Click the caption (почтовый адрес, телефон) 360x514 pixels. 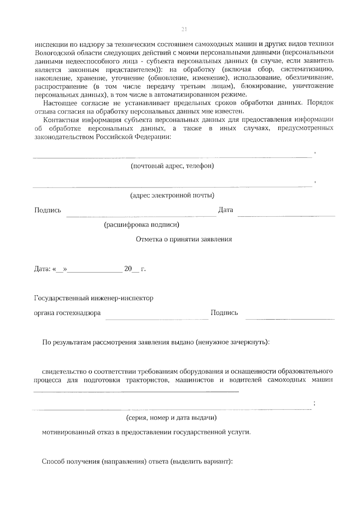[172, 166]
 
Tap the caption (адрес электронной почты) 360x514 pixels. [172, 196]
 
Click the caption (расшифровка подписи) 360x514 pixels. [142, 225]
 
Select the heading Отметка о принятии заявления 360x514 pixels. [184, 239]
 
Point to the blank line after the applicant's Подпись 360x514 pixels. [141, 215]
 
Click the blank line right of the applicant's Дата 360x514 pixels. [286, 215]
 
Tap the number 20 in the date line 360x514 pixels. [128, 269]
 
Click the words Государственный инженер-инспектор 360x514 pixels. [94, 298]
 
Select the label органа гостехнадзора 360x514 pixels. [67, 313]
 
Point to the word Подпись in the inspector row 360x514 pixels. [224, 313]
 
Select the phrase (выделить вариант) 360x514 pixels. [201, 462]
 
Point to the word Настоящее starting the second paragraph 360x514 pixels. [58, 103]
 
